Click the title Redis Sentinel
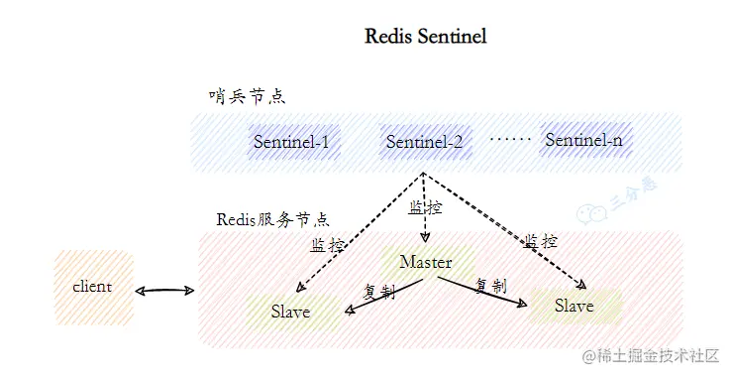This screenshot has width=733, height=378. click(x=426, y=37)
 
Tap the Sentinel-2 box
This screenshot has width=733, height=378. click(x=424, y=142)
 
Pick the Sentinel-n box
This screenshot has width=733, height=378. click(x=583, y=141)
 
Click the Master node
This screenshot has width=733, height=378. click(x=425, y=262)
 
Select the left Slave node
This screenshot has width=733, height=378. click(x=290, y=312)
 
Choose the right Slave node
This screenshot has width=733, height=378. click(x=574, y=306)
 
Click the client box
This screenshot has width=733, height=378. click(x=92, y=287)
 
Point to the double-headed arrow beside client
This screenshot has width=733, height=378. click(x=165, y=291)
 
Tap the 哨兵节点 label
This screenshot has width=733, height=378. click(x=247, y=96)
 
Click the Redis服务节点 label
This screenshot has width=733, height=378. click(x=272, y=218)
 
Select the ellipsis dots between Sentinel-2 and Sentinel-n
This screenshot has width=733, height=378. click(x=510, y=140)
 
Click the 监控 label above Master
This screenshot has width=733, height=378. click(x=425, y=208)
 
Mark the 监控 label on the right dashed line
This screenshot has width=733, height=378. click(x=540, y=241)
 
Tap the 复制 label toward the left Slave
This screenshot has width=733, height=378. click(x=379, y=293)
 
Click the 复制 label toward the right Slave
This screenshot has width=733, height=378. click(x=490, y=286)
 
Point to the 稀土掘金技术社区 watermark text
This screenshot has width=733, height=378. click(x=662, y=355)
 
